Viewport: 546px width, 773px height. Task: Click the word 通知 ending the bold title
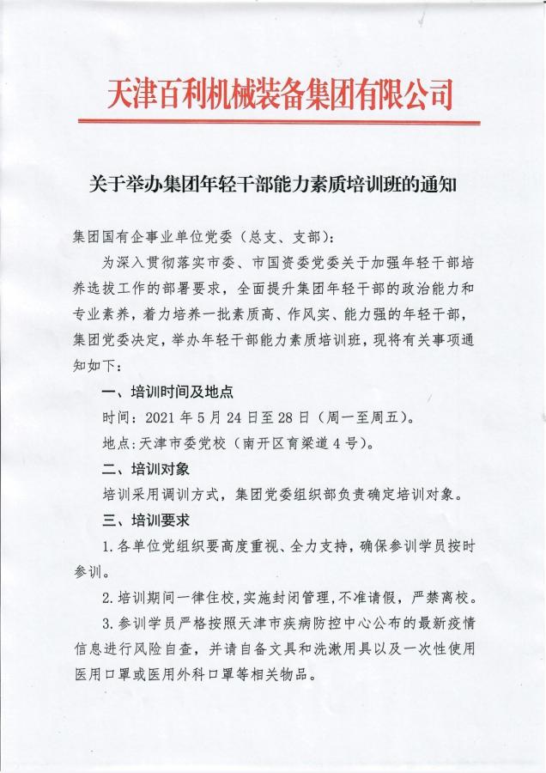point(440,184)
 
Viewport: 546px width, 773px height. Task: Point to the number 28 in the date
point(280,421)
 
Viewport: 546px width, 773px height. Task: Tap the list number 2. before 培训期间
point(106,596)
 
